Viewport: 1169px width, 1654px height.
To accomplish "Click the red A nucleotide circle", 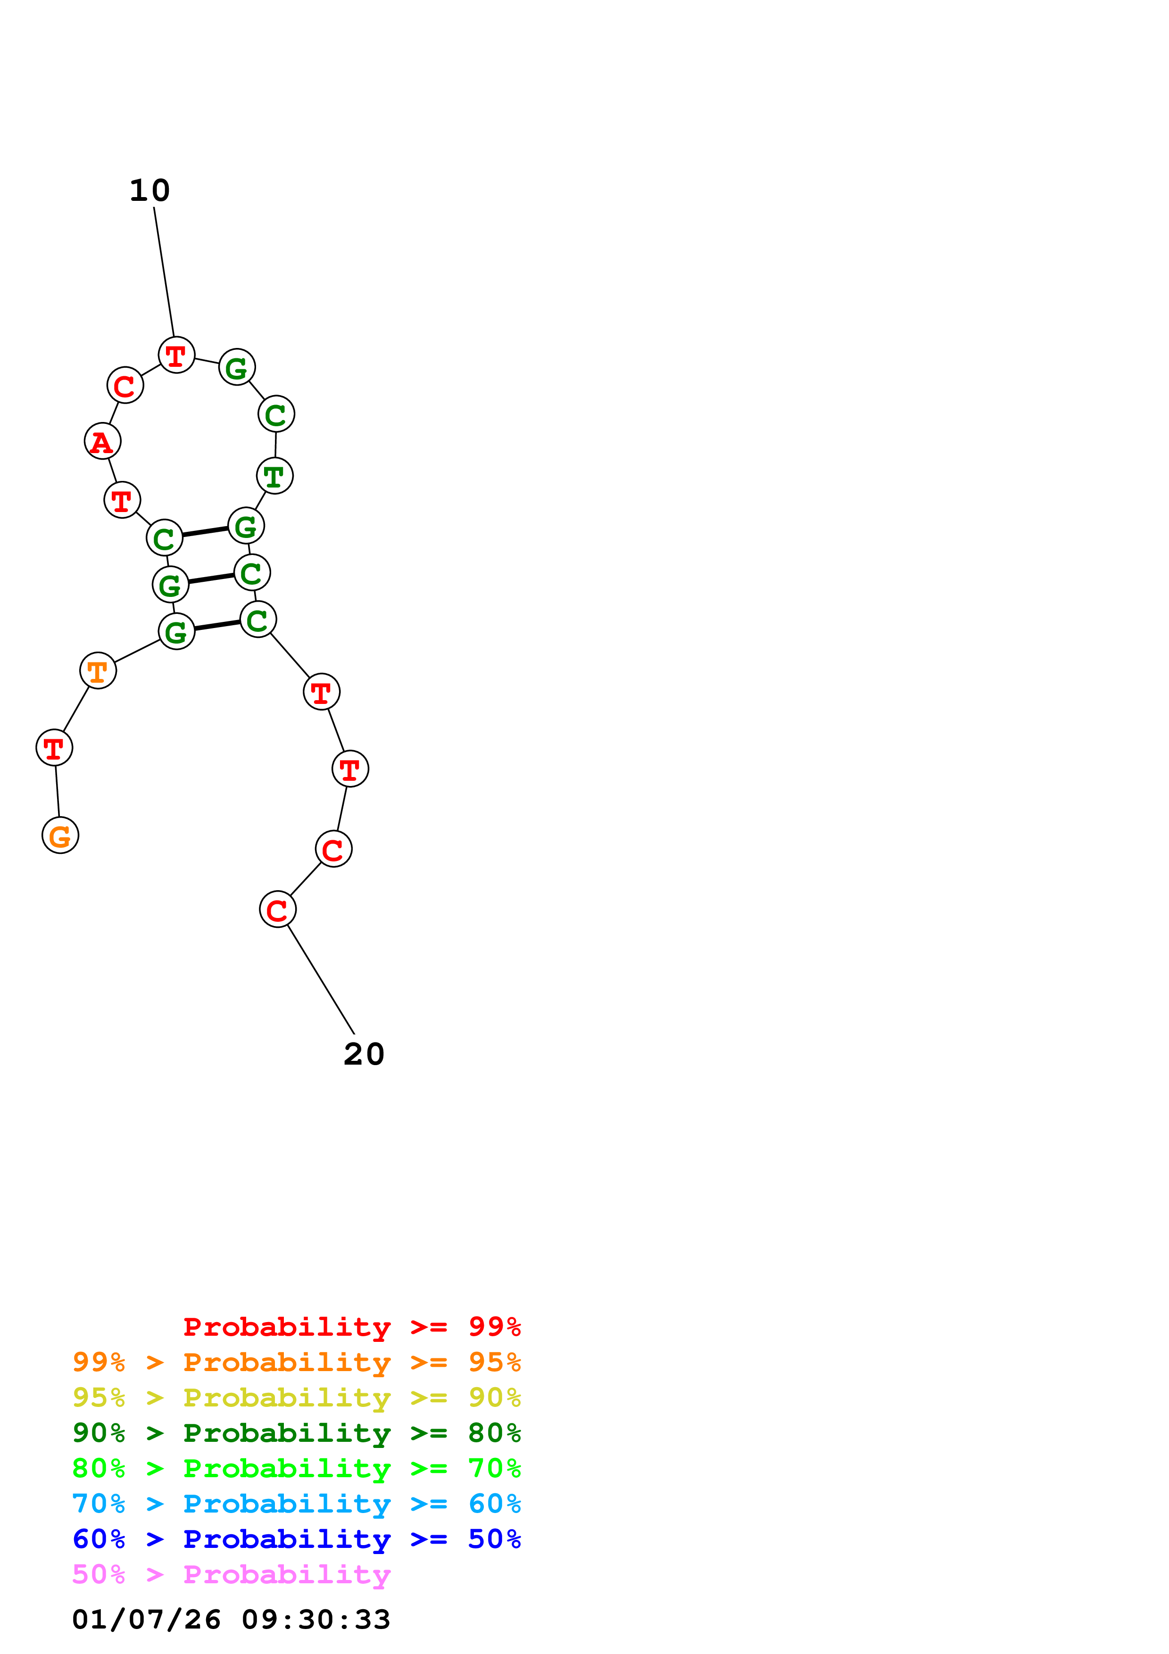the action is [102, 441].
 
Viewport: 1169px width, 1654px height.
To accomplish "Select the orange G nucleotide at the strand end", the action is [60, 835].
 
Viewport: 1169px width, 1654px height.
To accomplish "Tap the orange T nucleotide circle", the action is [98, 670].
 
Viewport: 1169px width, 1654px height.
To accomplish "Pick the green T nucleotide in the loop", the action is [274, 476].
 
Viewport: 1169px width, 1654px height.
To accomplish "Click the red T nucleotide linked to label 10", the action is [176, 355].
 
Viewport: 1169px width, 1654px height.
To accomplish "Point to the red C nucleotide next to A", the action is [125, 385].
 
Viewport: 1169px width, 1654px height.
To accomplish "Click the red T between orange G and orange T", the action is [55, 748].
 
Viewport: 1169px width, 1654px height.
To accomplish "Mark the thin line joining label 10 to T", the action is [164, 273].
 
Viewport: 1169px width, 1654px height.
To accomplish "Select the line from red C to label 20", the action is [321, 980].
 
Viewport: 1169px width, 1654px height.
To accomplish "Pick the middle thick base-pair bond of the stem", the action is [211, 578].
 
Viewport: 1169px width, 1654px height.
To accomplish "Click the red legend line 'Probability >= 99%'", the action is [351, 1326].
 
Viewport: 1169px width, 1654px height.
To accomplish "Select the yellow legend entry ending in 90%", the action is [296, 1398].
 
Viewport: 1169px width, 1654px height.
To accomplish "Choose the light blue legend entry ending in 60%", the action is [296, 1504].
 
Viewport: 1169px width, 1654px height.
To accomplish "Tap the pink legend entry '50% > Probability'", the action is [231, 1575].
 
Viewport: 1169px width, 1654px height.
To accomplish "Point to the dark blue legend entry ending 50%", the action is [296, 1539].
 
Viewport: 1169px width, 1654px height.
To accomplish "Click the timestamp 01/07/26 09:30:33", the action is [231, 1620].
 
